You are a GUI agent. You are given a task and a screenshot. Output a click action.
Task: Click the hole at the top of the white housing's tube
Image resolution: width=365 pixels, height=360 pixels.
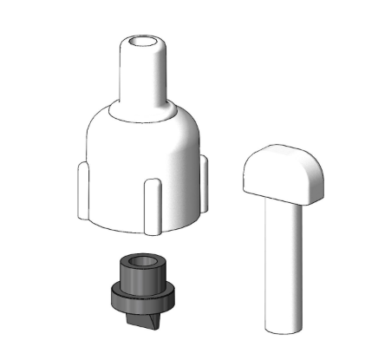tap(143, 41)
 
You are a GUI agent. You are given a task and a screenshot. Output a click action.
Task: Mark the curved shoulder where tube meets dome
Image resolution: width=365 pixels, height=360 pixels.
tap(143, 112)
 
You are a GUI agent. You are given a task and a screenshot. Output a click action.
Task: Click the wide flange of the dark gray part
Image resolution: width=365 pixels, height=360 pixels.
tap(143, 298)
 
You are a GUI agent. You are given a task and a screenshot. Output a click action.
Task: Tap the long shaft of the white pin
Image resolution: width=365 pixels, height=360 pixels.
tap(284, 260)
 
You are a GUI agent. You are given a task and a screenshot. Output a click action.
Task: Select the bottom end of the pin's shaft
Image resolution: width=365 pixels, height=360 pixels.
tap(285, 327)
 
